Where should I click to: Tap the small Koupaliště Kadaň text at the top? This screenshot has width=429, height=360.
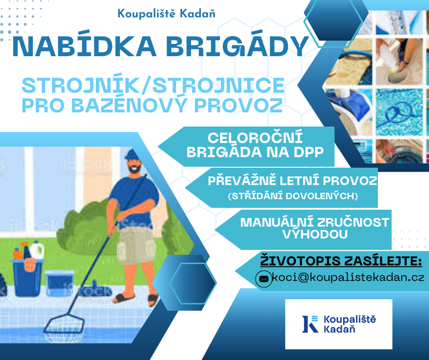pos(166,13)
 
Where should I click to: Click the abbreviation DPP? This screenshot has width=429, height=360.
pos(309,152)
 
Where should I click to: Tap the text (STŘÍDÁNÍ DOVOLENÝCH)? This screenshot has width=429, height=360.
pos(293,196)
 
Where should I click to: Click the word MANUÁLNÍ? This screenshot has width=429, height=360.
pos(277,222)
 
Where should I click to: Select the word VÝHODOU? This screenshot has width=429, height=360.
pos(315,234)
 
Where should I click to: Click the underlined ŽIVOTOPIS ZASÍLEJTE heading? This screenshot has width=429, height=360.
pos(341,260)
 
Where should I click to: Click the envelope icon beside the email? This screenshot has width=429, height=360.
pos(264,279)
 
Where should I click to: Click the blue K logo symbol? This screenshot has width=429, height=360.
pos(310,324)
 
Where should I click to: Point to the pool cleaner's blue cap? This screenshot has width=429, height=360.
pos(132,154)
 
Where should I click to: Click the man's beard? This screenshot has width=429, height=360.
pos(135,168)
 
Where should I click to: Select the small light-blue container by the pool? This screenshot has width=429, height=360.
pos(60,283)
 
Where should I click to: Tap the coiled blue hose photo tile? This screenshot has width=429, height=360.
pos(399,112)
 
